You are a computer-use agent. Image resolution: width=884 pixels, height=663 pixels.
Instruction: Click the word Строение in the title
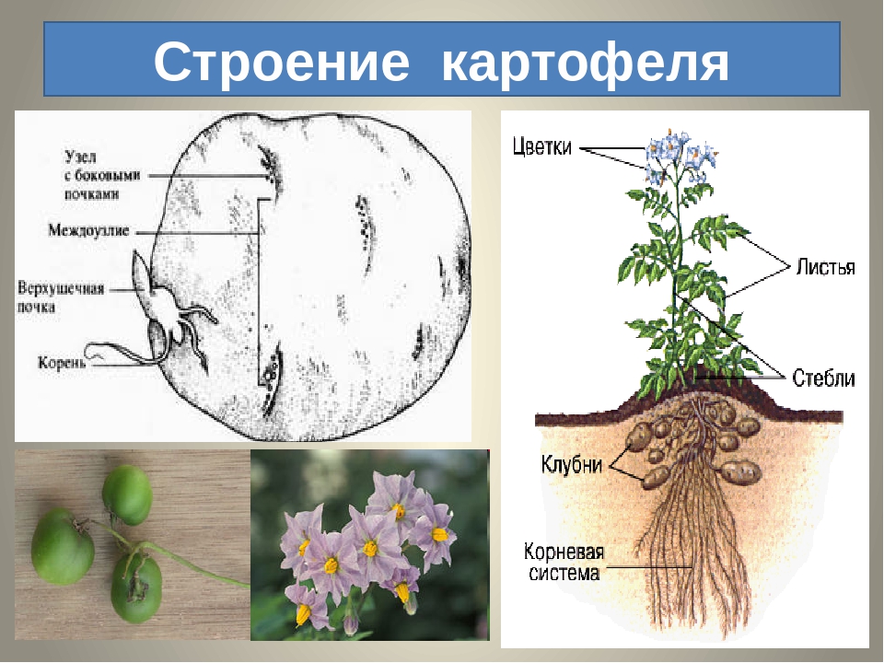282,61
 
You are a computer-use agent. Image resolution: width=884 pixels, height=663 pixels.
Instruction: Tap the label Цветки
541,147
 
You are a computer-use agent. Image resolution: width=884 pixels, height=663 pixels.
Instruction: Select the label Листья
825,267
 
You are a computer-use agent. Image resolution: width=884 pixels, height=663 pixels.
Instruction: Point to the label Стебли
823,378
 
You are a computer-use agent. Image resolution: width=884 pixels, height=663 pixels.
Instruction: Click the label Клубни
572,464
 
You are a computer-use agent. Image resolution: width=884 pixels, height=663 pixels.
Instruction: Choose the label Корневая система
564,562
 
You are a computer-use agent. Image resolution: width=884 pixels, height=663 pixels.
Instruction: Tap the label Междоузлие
88,230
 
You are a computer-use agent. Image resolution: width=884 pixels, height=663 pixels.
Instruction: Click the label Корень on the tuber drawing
62,362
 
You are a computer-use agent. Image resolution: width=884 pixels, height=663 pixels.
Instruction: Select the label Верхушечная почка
61,297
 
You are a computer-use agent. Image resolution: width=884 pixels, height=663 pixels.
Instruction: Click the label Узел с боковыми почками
102,175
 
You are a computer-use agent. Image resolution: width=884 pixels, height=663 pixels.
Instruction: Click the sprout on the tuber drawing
142,275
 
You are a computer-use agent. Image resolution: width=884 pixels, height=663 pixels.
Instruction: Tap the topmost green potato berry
127,494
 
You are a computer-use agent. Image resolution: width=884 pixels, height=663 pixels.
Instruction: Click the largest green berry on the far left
62,546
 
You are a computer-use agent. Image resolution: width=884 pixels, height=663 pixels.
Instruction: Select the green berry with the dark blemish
136,587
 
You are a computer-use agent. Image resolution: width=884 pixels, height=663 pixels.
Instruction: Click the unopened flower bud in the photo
351,624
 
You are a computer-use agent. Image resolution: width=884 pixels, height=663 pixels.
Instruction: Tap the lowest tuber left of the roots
655,477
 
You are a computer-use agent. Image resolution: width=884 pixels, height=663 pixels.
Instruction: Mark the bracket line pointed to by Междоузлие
260,292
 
